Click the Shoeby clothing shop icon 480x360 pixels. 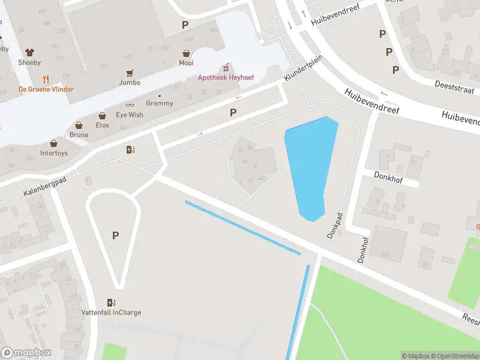pyautogui.click(x=29, y=53)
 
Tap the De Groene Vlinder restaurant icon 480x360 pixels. pyautogui.click(x=46, y=79)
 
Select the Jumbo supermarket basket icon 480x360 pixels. pyautogui.click(x=130, y=73)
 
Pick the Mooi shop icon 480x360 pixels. pyautogui.click(x=187, y=53)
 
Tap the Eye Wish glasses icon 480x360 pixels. pyautogui.click(x=130, y=105)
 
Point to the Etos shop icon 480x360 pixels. pyautogui.click(x=102, y=116)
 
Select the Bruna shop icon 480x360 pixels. pyautogui.click(x=78, y=125)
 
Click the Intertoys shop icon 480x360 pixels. pyautogui.click(x=54, y=144)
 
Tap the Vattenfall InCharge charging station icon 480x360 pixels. pyautogui.click(x=111, y=302)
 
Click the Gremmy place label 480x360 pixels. pyautogui.click(x=160, y=103)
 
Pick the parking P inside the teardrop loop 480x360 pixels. pyautogui.click(x=115, y=236)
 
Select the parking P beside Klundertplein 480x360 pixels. pyautogui.click(x=233, y=112)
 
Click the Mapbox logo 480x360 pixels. pyautogui.click(x=26, y=353)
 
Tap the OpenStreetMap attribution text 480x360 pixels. pyautogui.click(x=452, y=356)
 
